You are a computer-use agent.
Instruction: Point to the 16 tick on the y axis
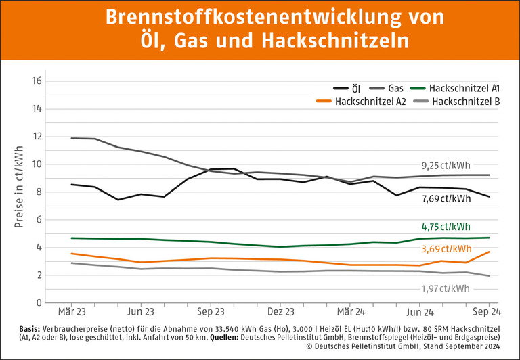click(x=38, y=81)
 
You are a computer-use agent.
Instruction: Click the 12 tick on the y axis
click(x=38, y=137)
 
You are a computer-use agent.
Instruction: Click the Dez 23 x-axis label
click(x=280, y=313)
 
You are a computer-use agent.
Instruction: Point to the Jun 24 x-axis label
click(x=419, y=313)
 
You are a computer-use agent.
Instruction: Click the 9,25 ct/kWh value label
click(x=446, y=165)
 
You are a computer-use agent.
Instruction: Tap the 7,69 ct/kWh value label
click(x=446, y=198)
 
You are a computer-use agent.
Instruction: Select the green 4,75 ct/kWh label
click(x=446, y=227)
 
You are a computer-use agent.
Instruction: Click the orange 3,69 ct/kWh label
click(x=446, y=249)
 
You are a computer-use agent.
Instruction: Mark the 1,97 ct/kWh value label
click(x=446, y=289)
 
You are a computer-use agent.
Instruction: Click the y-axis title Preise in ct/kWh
click(x=18, y=186)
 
